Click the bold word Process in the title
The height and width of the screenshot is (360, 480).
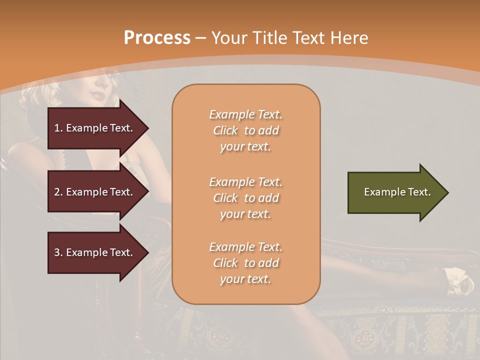click(x=157, y=38)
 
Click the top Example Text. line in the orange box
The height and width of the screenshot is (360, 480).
click(x=245, y=114)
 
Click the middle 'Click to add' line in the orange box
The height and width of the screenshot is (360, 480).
click(x=245, y=198)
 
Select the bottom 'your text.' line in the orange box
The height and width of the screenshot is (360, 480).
click(x=245, y=279)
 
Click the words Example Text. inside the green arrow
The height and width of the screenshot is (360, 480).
click(x=397, y=192)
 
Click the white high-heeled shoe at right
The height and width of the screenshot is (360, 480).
click(x=460, y=280)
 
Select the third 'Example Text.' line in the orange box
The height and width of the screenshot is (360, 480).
click(x=245, y=247)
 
